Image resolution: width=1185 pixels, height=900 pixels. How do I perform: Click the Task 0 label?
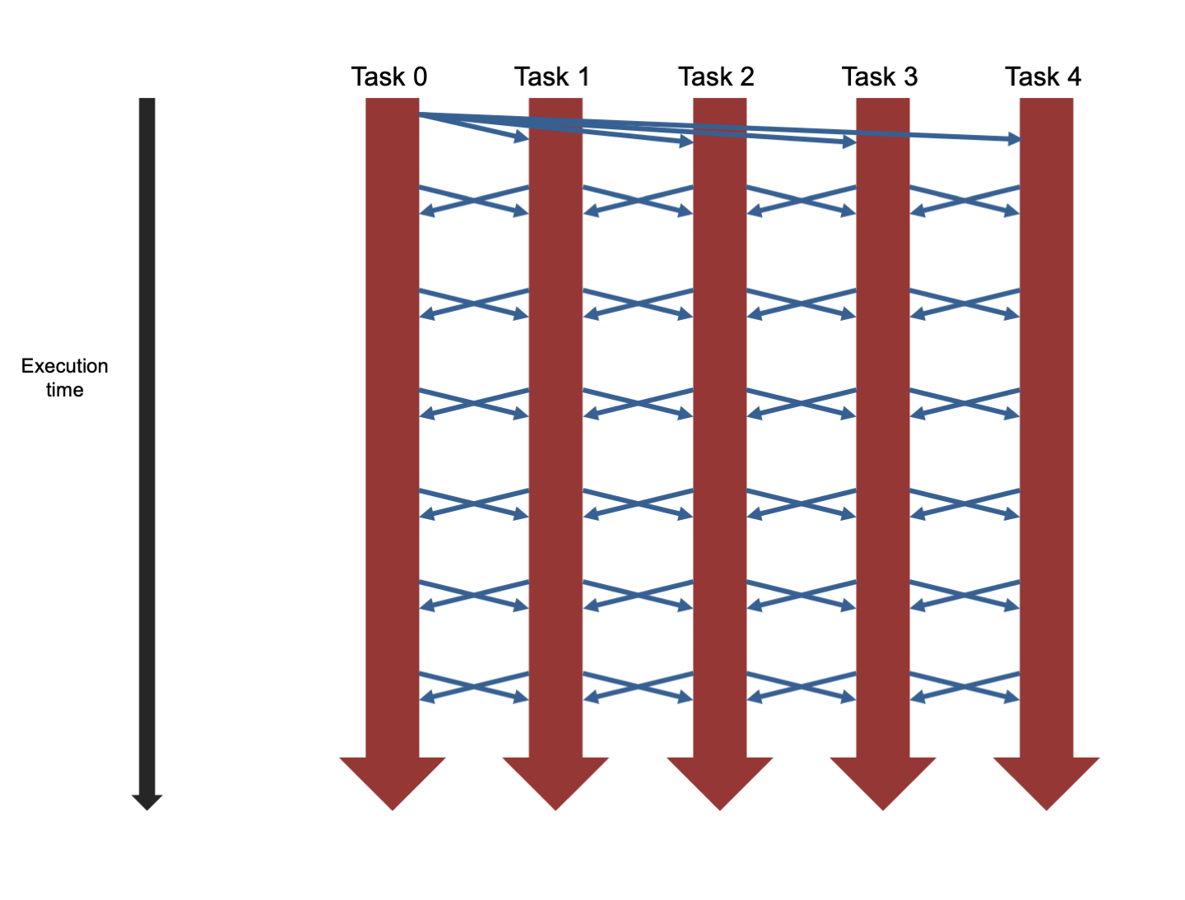click(x=389, y=77)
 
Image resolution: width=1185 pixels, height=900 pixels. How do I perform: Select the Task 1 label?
click(x=552, y=77)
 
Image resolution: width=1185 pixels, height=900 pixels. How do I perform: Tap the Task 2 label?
click(x=716, y=77)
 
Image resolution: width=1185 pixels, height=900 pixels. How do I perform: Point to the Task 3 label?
click(x=880, y=77)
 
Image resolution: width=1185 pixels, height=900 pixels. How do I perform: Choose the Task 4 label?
click(x=1043, y=77)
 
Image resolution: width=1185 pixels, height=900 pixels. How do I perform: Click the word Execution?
click(x=64, y=366)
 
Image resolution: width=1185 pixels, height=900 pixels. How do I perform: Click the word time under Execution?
click(x=64, y=390)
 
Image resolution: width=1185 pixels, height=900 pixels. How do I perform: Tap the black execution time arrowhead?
click(x=147, y=802)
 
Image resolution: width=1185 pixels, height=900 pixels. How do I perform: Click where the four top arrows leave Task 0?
click(x=421, y=114)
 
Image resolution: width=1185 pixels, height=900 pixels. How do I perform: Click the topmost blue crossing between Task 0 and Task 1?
click(x=474, y=200)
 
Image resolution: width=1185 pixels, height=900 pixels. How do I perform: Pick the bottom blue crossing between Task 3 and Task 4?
click(x=964, y=686)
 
